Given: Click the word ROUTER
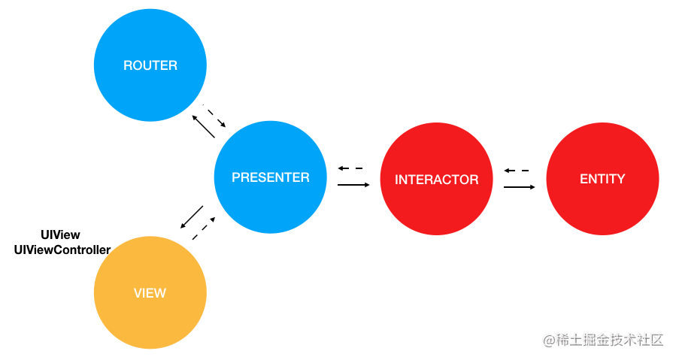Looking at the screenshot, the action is [x=150, y=65].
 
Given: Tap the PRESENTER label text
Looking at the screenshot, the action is [x=270, y=177].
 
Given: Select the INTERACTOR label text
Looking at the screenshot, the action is [x=436, y=180].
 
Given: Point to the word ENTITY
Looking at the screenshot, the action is [x=602, y=178].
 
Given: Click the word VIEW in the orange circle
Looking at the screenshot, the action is [x=150, y=293].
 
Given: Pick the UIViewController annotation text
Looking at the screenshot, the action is [x=62, y=250].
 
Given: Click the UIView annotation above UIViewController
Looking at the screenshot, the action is [x=60, y=235].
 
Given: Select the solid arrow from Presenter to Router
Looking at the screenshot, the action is [x=204, y=127].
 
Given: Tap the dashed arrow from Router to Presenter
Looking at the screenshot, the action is [x=214, y=116].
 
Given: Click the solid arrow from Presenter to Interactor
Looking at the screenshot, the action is [x=353, y=185].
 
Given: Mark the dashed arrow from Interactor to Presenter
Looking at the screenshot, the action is [x=350, y=168].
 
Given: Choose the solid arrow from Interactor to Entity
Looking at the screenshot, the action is [x=520, y=187].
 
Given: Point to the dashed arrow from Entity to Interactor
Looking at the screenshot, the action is [x=517, y=171].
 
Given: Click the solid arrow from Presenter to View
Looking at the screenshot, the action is [x=192, y=217].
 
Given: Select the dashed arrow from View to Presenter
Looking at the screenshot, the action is [x=204, y=228].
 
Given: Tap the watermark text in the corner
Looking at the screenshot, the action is [x=603, y=340].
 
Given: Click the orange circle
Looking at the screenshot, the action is [x=150, y=293].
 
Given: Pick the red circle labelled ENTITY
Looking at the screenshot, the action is [x=602, y=179].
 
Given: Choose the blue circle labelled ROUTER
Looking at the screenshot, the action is [x=150, y=65].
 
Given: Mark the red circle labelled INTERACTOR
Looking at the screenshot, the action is [x=436, y=179].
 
